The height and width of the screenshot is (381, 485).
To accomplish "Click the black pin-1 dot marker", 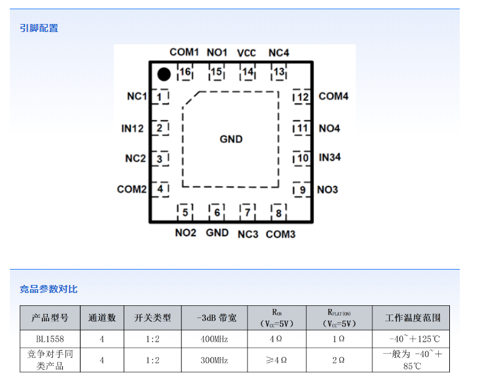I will point(163,74).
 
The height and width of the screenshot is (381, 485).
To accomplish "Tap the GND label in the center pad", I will point(231,139).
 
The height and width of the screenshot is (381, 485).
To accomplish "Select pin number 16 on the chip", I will point(185,72).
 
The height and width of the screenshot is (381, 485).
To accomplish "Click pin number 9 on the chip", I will point(302,190).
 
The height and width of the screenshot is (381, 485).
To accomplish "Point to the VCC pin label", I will point(246,53).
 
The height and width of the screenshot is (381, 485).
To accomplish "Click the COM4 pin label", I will point(334,97).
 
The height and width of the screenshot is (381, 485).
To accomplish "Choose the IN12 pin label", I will point(132,129).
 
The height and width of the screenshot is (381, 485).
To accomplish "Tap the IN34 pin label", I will point(330,158).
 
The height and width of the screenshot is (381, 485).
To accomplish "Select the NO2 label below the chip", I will point(185,233).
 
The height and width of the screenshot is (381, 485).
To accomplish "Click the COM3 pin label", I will point(281,234).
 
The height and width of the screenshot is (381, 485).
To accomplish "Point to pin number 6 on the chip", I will point(217,213).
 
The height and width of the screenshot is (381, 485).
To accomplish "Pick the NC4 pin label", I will point(279,53).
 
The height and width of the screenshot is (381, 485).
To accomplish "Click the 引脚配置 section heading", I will point(39,28).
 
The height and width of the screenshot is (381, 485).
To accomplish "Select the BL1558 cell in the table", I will point(50,339).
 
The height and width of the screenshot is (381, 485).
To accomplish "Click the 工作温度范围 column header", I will point(411,318).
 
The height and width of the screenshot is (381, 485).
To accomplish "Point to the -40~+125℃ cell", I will point(414,339).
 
